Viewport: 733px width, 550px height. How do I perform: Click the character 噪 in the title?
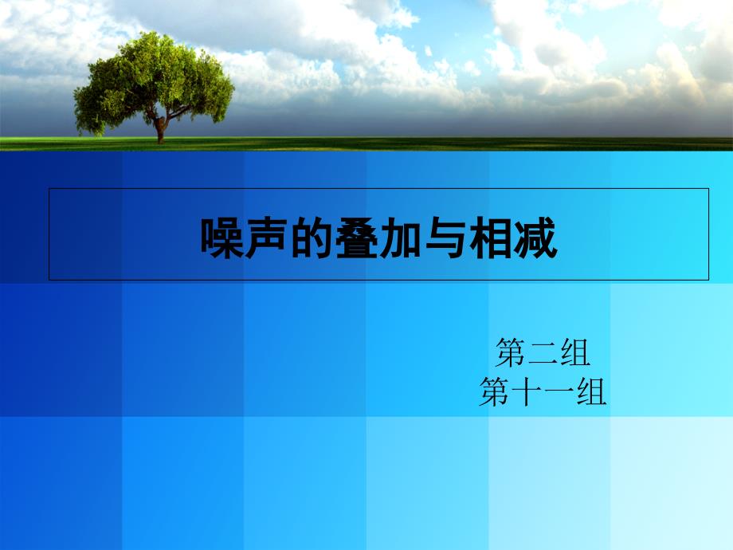click(222, 238)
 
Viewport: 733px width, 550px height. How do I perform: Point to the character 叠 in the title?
click(357, 238)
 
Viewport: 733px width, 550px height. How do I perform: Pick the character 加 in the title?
click(401, 238)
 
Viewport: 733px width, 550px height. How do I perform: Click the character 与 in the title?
click(446, 238)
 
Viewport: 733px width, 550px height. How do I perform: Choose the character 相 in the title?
click(491, 238)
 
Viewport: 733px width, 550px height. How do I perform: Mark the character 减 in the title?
click(535, 238)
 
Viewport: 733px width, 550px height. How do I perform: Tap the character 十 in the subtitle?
click(527, 392)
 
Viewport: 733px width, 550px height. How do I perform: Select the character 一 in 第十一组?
click(559, 393)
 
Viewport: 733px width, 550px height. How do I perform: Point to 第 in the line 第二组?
click(510, 352)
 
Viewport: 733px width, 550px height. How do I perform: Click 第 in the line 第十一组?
click(494, 392)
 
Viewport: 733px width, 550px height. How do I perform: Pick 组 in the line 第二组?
click(575, 352)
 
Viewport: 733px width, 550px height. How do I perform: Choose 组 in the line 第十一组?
click(591, 392)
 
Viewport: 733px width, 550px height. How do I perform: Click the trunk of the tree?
click(160, 130)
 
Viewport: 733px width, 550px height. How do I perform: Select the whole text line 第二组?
click(543, 352)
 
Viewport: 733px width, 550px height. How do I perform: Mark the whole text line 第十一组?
click(543, 392)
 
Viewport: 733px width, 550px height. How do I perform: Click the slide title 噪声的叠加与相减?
click(379, 238)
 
